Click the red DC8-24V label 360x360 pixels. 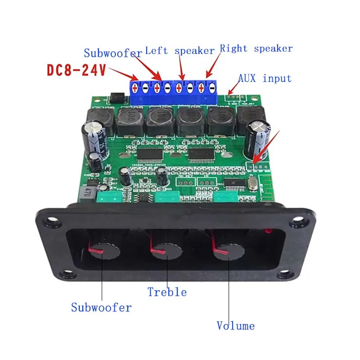click(76, 71)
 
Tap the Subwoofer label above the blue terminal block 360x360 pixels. click(113, 53)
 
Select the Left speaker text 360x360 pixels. click(180, 51)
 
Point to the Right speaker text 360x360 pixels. click(256, 48)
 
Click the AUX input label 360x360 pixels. click(265, 78)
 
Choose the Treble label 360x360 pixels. click(167, 292)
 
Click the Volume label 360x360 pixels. click(235, 325)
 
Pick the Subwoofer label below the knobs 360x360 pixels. click(101, 308)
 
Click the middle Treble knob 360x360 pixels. click(165, 250)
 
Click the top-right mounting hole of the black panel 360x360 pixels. click(297, 222)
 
